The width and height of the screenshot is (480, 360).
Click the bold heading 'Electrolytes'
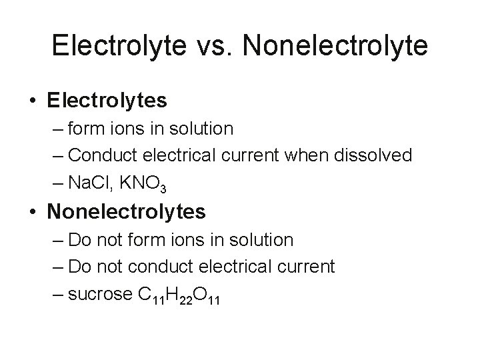107,101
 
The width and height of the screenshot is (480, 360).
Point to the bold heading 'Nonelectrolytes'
127,213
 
